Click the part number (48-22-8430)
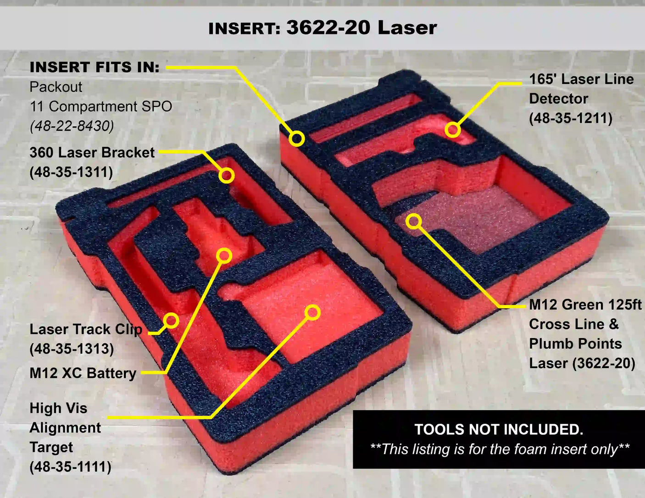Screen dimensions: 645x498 click(72, 127)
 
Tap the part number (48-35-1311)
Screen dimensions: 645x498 click(71, 172)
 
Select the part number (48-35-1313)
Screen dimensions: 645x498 click(72, 349)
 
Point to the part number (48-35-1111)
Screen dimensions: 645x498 click(70, 466)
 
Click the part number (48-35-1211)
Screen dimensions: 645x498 click(571, 118)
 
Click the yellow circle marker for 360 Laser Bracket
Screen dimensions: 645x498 click(227, 175)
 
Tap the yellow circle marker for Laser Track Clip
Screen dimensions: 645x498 click(171, 321)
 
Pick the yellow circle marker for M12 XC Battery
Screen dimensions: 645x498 click(224, 256)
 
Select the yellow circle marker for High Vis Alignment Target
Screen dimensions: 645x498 click(312, 312)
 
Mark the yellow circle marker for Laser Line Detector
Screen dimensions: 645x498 click(452, 130)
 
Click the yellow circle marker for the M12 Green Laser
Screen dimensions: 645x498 click(413, 221)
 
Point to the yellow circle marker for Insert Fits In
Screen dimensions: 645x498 click(297, 138)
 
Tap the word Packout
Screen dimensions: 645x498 click(56, 87)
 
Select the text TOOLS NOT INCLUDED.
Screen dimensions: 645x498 click(499, 429)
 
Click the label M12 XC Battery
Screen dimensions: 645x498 click(83, 373)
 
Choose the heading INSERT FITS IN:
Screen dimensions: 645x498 click(95, 67)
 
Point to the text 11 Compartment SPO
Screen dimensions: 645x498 click(101, 106)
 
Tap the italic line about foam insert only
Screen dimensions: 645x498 click(500, 449)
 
